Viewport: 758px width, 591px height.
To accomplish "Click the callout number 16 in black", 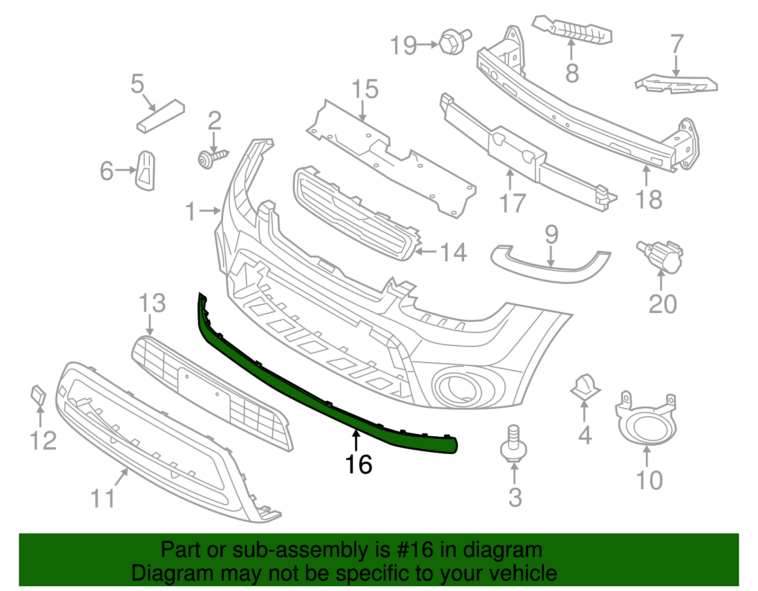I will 359,464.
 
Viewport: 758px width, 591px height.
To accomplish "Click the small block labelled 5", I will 161,116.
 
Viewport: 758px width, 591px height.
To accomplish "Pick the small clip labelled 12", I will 38,395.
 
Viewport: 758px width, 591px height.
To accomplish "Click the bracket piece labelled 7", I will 677,84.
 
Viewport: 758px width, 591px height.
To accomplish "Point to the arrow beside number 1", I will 209,211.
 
